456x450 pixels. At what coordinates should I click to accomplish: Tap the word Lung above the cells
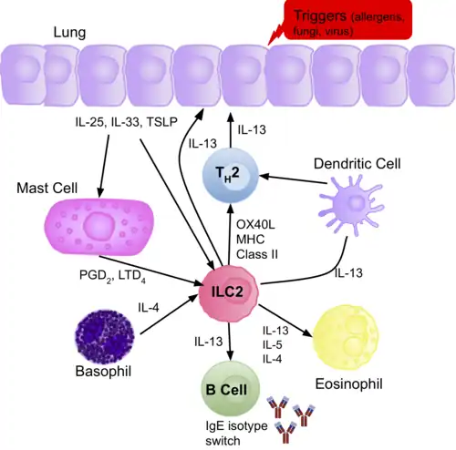[x=43, y=32]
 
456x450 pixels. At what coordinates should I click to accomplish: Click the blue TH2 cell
[x=231, y=171]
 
